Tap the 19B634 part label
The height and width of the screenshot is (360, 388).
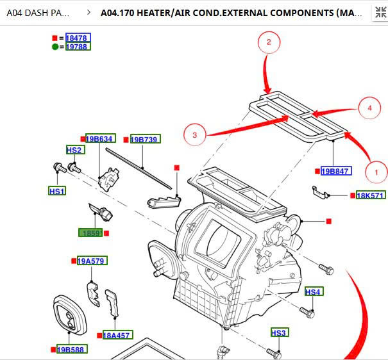(x=99, y=139)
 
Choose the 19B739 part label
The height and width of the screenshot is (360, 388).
(x=145, y=139)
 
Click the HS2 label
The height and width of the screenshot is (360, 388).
(x=74, y=150)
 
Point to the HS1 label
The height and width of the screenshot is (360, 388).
(x=57, y=191)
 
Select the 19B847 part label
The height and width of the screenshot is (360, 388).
(x=335, y=171)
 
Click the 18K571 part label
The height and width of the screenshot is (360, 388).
(x=371, y=195)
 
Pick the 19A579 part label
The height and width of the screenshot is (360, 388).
(x=92, y=261)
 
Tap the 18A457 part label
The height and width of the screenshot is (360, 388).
(x=117, y=335)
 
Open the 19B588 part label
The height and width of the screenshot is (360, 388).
(x=71, y=349)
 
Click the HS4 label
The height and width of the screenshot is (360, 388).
(x=313, y=292)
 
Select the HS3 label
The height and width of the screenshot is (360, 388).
(x=279, y=332)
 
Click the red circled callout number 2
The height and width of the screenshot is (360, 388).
(x=269, y=43)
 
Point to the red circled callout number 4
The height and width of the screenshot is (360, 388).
(x=369, y=108)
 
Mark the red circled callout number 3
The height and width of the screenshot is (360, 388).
(x=194, y=135)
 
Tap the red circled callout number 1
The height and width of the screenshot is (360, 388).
(x=376, y=172)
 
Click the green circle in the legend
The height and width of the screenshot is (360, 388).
(x=55, y=47)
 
